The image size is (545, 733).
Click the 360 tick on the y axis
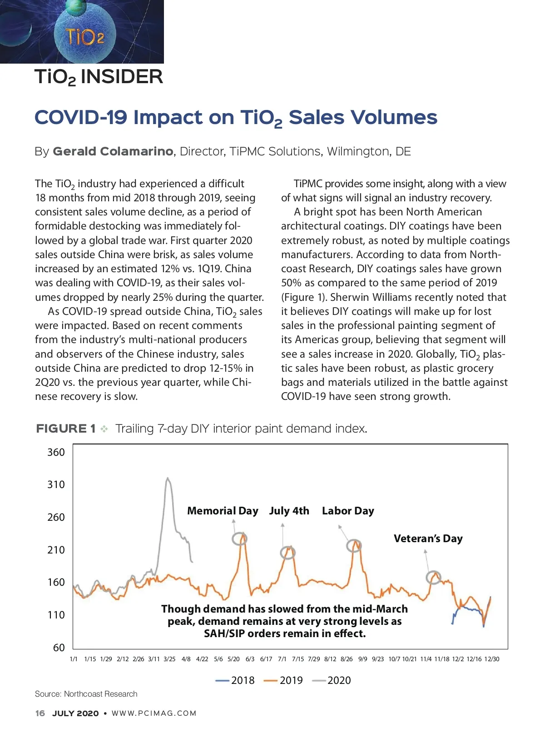[x=56, y=452]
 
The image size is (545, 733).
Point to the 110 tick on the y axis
[x=56, y=615]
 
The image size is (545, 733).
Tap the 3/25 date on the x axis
[x=169, y=659]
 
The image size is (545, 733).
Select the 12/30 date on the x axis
[x=491, y=659]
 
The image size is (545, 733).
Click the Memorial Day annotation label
[x=223, y=511]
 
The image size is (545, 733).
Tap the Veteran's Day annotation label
[x=428, y=539]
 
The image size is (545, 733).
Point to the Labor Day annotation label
[x=348, y=511]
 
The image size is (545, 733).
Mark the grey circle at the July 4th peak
[x=287, y=553]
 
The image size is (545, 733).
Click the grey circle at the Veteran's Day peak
[x=433, y=577]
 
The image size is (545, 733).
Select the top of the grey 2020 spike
[x=168, y=478]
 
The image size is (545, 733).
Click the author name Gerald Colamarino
[x=113, y=151]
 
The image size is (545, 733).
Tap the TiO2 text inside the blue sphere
[x=85, y=37]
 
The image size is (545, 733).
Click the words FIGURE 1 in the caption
[x=66, y=429]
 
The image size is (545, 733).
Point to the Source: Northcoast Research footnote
[x=86, y=694]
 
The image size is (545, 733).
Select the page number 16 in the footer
[x=40, y=713]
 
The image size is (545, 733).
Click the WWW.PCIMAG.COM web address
[x=154, y=713]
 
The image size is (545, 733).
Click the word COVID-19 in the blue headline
[x=81, y=117]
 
